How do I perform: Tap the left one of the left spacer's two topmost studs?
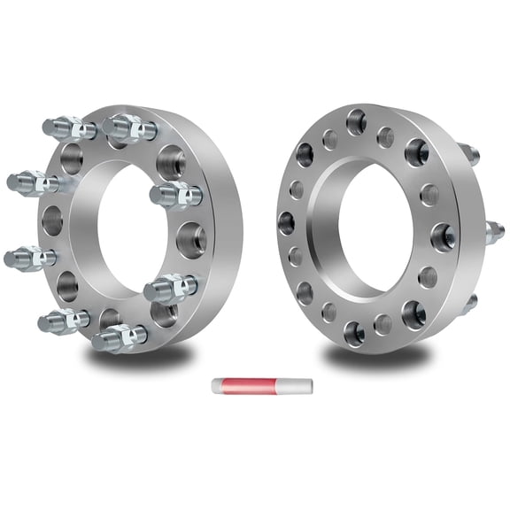click(x=67, y=128)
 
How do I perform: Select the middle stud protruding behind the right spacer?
click(x=494, y=233)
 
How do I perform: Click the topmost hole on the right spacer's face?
click(x=357, y=121)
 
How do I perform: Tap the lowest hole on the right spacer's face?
click(x=354, y=333)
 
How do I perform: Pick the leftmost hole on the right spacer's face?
click(x=286, y=222)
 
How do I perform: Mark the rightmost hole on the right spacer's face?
click(x=443, y=237)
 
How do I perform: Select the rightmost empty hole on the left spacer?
click(x=189, y=238)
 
